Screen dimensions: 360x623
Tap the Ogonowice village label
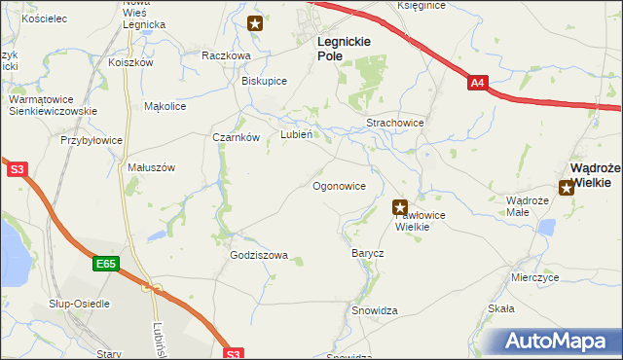point(339,185)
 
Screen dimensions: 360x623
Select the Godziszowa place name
point(259,256)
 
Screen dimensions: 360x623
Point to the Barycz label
point(368,253)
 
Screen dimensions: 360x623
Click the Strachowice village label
point(394,124)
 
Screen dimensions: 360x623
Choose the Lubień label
point(296,135)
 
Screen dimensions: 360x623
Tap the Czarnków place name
point(237,137)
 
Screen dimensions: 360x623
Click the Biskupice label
point(264,81)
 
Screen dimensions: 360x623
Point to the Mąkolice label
point(165,106)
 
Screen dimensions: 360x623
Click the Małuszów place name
point(151,167)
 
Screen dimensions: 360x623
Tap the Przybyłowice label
point(92,140)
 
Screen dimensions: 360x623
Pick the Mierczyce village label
point(535,277)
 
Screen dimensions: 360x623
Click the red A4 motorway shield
point(477,84)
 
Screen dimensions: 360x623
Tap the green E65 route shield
point(107,264)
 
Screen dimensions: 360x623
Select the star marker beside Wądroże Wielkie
point(567,188)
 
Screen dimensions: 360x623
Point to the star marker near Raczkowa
point(255,23)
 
